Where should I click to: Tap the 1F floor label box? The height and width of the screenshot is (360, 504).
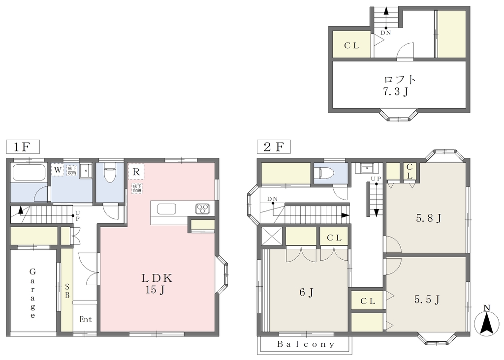(x=23, y=147)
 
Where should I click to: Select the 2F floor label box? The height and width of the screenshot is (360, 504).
(x=274, y=147)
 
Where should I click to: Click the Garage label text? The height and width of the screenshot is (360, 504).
(x=32, y=293)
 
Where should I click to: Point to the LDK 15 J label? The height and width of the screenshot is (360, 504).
(x=157, y=284)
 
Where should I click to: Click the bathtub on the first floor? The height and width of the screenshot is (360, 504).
(x=29, y=173)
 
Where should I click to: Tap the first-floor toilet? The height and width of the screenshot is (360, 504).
(x=110, y=173)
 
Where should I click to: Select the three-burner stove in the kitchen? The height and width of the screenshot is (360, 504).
(x=202, y=209)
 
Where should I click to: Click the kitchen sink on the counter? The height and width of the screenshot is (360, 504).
(x=166, y=209)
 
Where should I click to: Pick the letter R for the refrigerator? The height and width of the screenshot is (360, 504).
(x=136, y=172)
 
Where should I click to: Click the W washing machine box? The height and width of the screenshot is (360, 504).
(x=58, y=170)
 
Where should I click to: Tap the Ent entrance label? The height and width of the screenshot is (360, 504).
(x=86, y=320)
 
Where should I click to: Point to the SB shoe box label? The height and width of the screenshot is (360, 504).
(x=67, y=291)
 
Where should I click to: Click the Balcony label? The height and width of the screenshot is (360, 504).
(x=306, y=344)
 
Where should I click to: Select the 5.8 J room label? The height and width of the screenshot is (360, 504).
(x=429, y=218)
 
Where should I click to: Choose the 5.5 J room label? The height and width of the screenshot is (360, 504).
(x=427, y=300)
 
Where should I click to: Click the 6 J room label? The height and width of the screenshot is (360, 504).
(x=306, y=293)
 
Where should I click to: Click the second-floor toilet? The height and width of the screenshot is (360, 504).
(x=326, y=174)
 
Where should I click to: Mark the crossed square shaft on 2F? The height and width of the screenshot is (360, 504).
(x=272, y=237)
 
